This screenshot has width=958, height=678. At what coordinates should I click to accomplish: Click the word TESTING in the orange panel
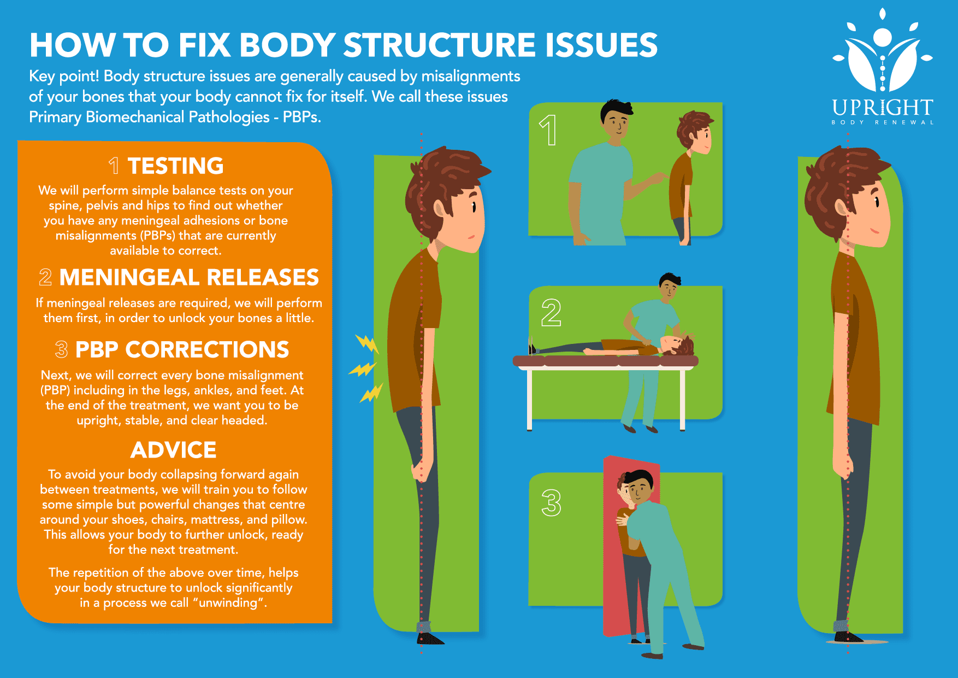pyautogui.click(x=175, y=166)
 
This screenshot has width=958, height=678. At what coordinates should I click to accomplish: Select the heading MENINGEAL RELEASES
pyautogui.click(x=188, y=278)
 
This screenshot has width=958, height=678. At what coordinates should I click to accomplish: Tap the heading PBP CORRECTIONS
pyautogui.click(x=182, y=350)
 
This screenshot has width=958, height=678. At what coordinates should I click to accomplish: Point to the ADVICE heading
pyautogui.click(x=174, y=450)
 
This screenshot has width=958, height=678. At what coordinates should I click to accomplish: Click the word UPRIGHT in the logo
pyautogui.click(x=882, y=107)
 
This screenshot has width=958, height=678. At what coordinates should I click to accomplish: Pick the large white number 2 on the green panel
pyautogui.click(x=551, y=313)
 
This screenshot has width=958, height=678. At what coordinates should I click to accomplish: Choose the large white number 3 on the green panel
pyautogui.click(x=551, y=503)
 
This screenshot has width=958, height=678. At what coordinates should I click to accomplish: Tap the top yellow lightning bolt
pyautogui.click(x=366, y=343)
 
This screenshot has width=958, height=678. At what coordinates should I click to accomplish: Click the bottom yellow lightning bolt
pyautogui.click(x=371, y=393)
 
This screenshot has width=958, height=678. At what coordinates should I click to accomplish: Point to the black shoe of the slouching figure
pyautogui.click(x=430, y=638)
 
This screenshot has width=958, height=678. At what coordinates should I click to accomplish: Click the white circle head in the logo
pyautogui.click(x=882, y=37)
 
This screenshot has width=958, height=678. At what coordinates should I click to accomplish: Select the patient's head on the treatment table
pyautogui.click(x=677, y=344)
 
